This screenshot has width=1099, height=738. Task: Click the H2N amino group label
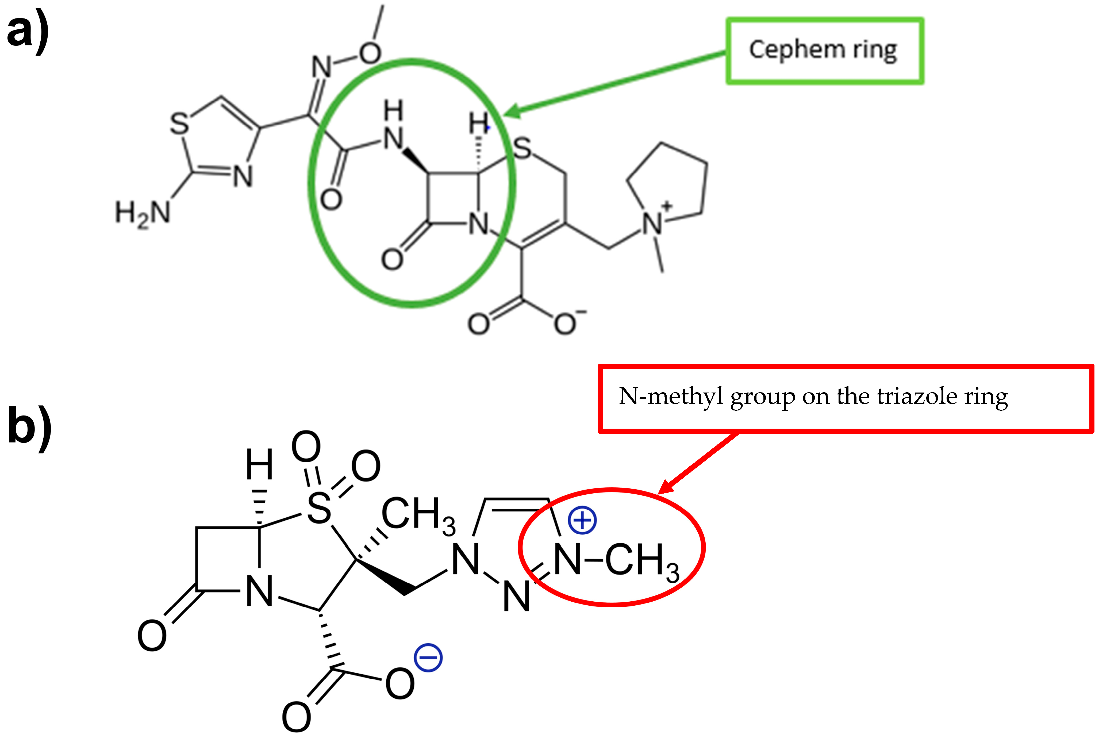point(142,213)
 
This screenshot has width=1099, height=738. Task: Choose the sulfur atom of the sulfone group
point(319,508)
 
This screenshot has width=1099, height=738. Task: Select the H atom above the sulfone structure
point(259,464)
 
